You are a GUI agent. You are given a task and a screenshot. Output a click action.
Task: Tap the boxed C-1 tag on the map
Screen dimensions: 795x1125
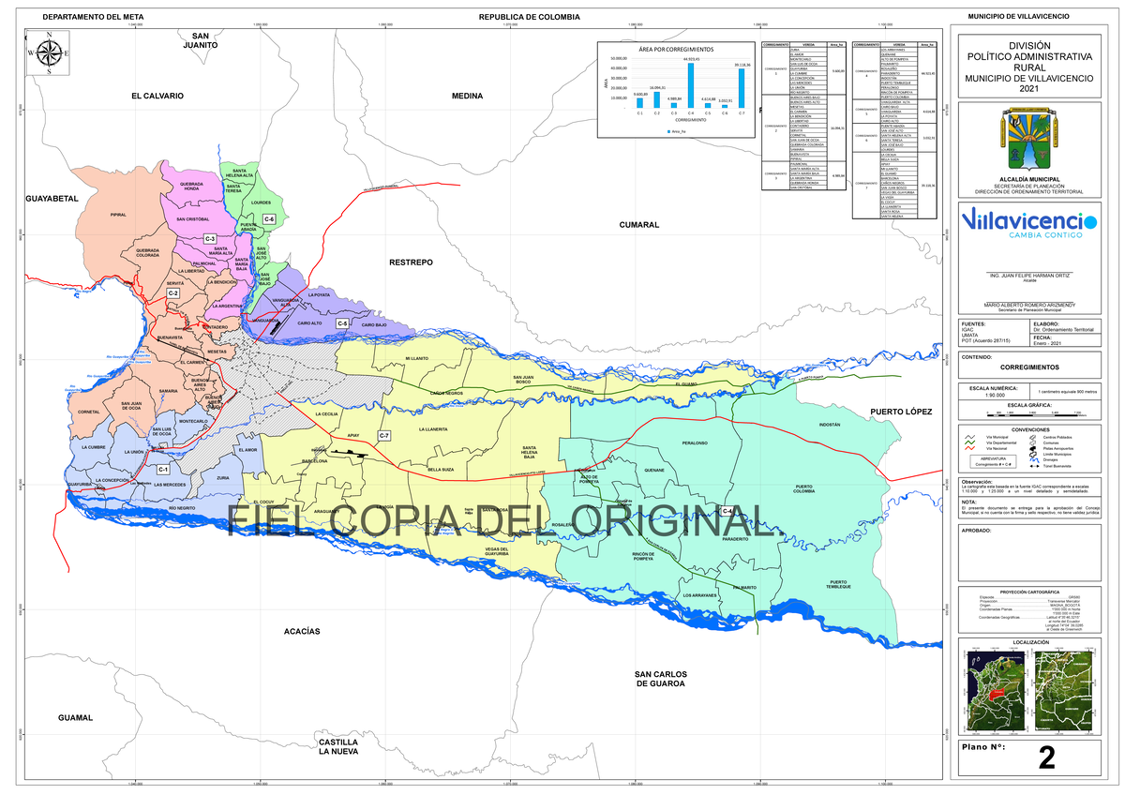(x=163, y=468)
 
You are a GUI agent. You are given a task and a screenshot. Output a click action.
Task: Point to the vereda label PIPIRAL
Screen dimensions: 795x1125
(x=118, y=215)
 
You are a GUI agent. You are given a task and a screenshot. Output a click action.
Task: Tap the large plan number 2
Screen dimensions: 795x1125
(x=1046, y=757)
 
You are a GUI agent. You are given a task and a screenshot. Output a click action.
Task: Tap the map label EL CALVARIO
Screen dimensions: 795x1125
(x=157, y=96)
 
